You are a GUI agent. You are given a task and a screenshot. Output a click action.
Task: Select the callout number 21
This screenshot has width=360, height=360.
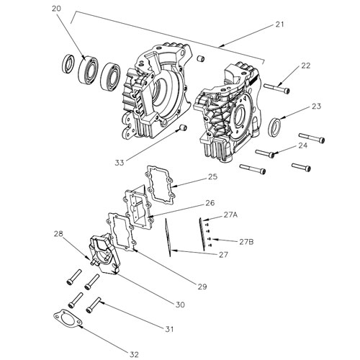pyautogui.click(x=279, y=24)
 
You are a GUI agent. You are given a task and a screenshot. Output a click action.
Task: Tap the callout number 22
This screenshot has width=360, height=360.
pyautogui.click(x=305, y=66)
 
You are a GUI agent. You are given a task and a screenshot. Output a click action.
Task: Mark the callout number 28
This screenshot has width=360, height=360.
pyautogui.click(x=58, y=234)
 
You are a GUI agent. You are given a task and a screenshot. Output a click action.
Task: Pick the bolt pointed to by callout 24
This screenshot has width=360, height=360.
pyautogui.click(x=266, y=153)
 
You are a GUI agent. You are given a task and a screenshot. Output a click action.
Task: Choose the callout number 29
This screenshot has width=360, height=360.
pyautogui.click(x=202, y=287)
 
